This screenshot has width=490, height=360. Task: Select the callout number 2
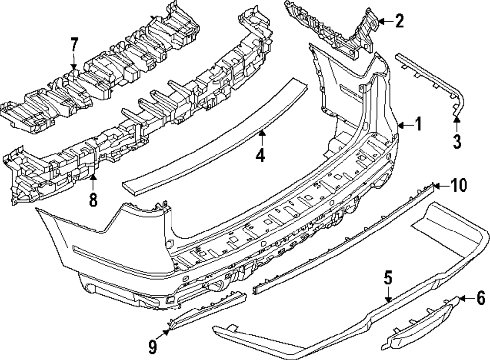click(399, 21)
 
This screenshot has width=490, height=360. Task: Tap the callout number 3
click(457, 142)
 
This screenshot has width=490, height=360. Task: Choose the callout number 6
click(480, 297)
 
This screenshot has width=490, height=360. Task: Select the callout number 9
click(153, 347)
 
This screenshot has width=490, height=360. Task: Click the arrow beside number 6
click(466, 297)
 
